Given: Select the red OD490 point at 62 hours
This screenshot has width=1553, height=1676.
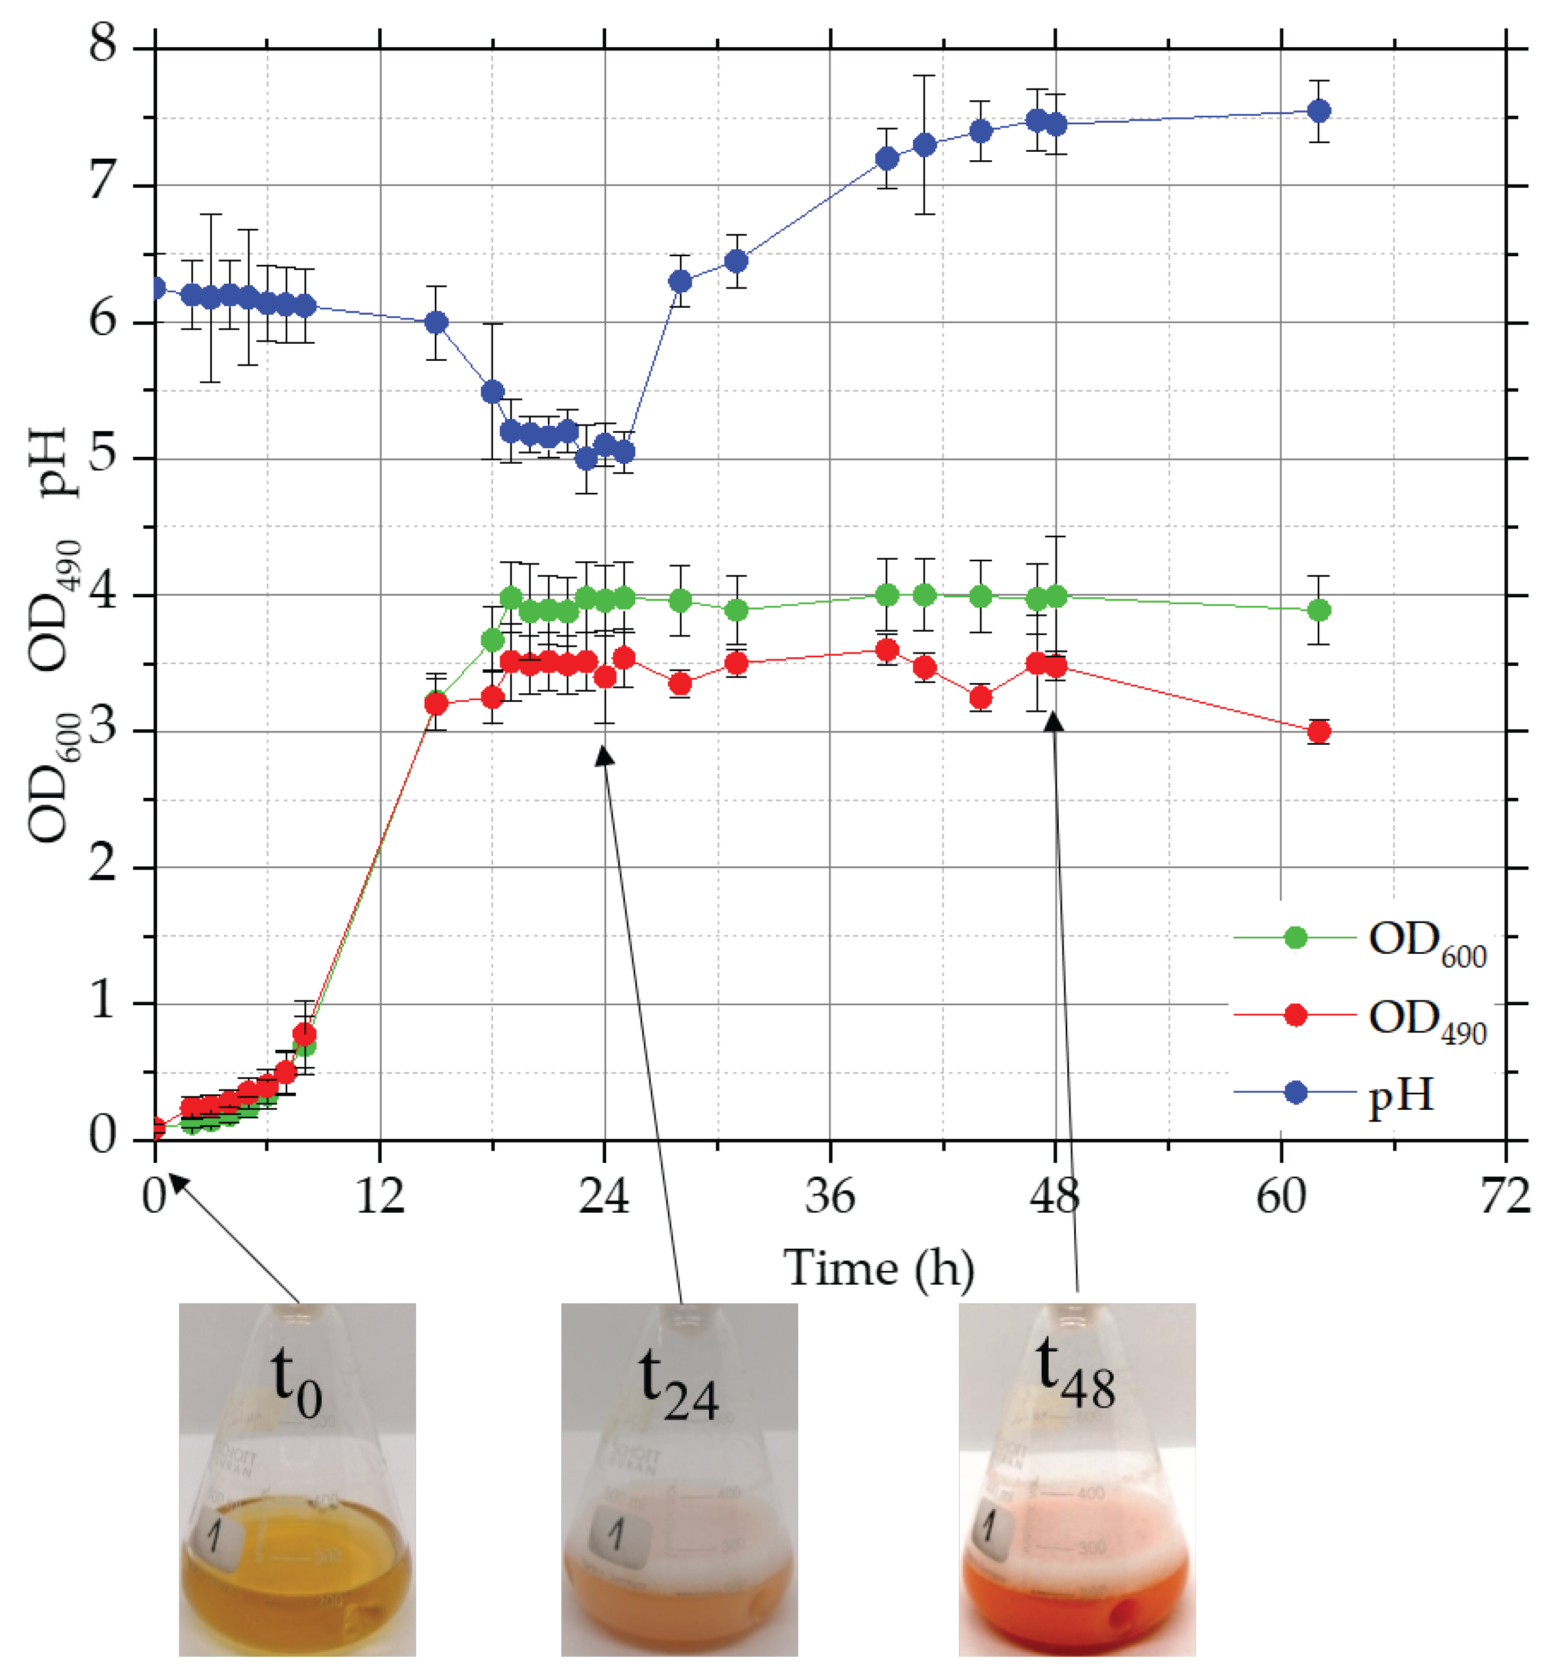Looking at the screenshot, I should coord(1319,731).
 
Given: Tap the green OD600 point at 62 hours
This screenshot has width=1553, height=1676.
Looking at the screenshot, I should coord(1319,610).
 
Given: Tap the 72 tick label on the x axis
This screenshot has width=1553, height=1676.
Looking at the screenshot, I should coord(1504,1195).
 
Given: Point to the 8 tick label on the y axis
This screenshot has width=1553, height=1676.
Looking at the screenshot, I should coord(103,44).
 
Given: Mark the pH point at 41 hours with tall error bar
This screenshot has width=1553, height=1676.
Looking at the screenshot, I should coord(924,145).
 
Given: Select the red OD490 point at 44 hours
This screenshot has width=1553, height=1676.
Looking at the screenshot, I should coord(980,697).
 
